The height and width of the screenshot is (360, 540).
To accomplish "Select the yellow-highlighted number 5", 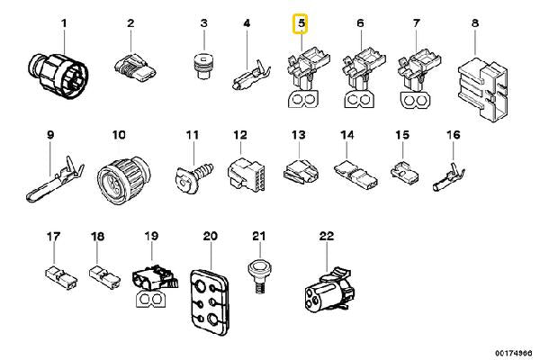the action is tap(301, 23).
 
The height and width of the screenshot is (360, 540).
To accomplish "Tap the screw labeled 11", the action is tap(194, 175).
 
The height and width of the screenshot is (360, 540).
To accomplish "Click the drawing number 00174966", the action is tap(514, 353).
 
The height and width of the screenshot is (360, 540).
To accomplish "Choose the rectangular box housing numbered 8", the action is tap(483, 88).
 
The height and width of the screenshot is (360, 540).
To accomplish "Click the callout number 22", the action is tap(327, 236).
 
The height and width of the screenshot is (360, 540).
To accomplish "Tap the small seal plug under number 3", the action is tap(203, 66).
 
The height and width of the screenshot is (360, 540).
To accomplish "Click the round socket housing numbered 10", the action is tap(123, 179).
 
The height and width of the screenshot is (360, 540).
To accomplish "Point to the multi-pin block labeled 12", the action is tap(246, 175).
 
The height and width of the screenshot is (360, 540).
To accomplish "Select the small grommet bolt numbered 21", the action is tap(259, 277).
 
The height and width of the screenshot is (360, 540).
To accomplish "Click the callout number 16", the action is tap(454, 135).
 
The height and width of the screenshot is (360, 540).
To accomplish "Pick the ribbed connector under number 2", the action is tap(135, 67).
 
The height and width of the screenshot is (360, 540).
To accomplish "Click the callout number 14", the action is tap(347, 135).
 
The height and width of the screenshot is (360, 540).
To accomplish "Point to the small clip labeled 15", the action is tap(404, 170).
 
